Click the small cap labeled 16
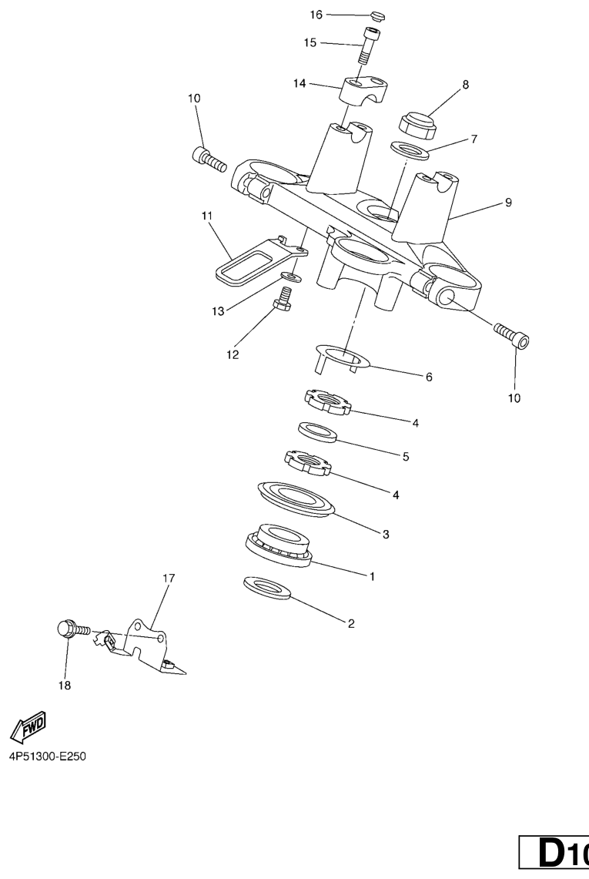(378, 16)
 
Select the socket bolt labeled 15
(367, 46)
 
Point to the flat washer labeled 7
(410, 149)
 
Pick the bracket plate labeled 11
(261, 260)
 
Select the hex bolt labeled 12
(283, 297)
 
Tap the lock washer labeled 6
(342, 357)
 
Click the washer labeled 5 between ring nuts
(317, 432)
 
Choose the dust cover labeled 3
(296, 499)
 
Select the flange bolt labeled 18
(73, 630)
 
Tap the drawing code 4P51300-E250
(48, 757)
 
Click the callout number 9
(508, 202)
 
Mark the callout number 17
(169, 578)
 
